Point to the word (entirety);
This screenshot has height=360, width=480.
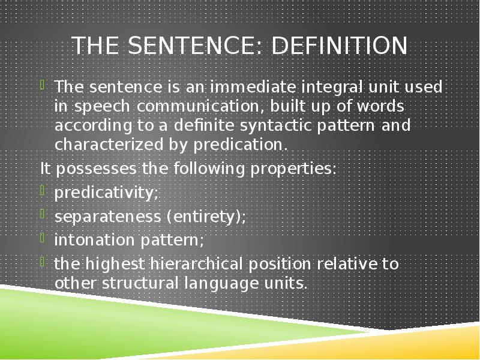(x=205, y=216)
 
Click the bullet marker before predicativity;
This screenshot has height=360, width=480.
(x=44, y=190)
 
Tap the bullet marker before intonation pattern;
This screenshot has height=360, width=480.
(x=44, y=238)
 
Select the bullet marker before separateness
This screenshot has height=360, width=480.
(x=44, y=214)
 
